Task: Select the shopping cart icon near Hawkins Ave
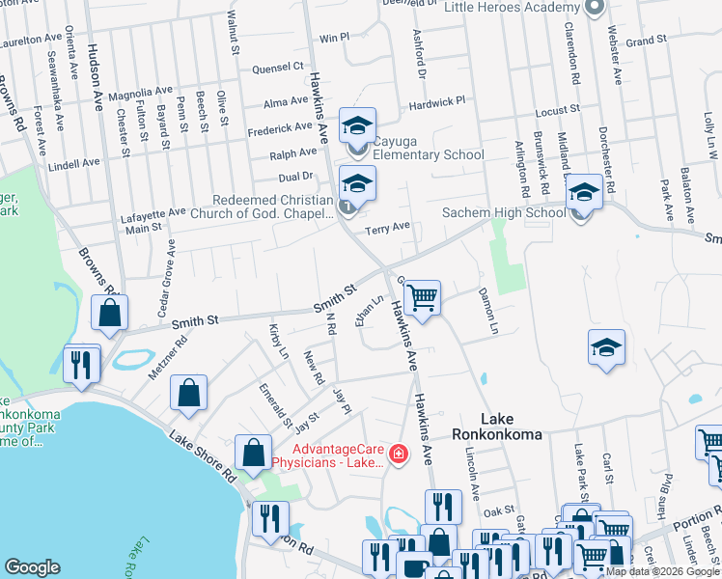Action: point(422,297)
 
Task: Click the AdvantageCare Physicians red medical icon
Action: point(397,453)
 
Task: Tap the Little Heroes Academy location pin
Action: point(595,8)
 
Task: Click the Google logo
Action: point(33,567)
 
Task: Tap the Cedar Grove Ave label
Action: point(169,273)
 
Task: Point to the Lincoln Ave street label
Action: point(472,470)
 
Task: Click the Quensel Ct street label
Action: point(277,68)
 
